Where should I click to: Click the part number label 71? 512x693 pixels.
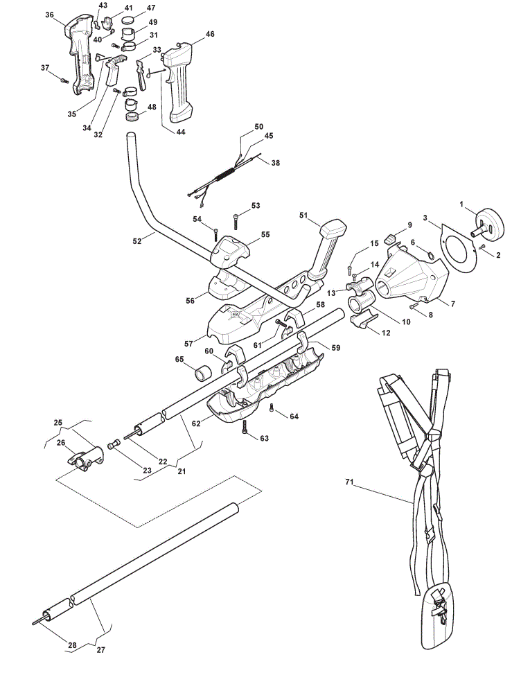pos(349,482)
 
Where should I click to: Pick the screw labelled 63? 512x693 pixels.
pos(245,427)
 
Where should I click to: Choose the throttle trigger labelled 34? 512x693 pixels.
pos(113,71)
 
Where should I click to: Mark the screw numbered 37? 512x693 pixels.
pos(64,81)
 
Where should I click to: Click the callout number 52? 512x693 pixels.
pos(137,241)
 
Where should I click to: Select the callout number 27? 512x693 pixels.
pos(100,650)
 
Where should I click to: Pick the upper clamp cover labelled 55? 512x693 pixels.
pos(230,251)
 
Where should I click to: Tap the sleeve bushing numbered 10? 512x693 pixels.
pos(360,304)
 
